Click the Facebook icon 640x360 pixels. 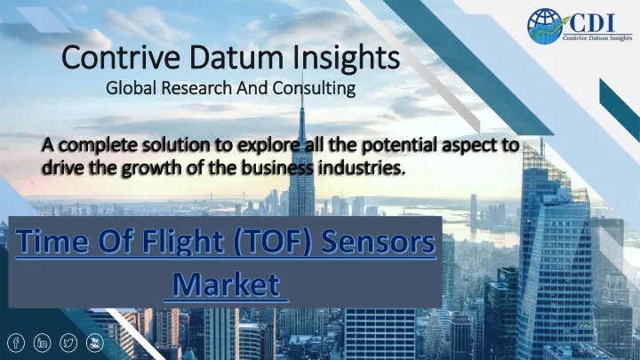[16, 343]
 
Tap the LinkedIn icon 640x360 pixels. [42, 343]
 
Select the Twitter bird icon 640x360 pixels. [68, 343]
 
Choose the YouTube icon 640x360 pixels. [95, 343]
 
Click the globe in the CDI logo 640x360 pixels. [545, 26]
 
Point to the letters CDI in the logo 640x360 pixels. [592, 23]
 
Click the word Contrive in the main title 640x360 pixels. [121, 57]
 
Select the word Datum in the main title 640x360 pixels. [236, 57]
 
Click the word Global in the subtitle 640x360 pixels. [131, 88]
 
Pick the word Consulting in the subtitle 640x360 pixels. [314, 88]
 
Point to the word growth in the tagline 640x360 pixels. [151, 168]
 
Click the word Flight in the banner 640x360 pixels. [183, 242]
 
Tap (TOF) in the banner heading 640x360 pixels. [274, 242]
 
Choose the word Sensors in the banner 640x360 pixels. [379, 242]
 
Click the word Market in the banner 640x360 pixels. [226, 284]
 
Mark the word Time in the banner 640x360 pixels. [52, 241]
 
